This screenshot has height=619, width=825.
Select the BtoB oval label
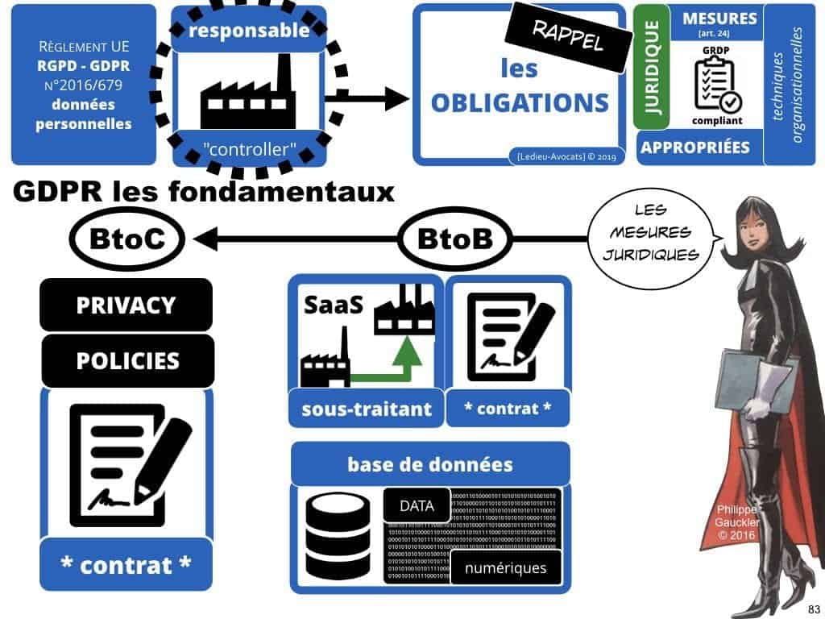pyautogui.click(x=455, y=239)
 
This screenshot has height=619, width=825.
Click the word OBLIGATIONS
pyautogui.click(x=520, y=103)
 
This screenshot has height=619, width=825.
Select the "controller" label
pyautogui.click(x=249, y=149)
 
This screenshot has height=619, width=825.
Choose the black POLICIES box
pyautogui.click(x=127, y=360)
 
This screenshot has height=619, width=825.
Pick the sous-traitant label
pyautogui.click(x=367, y=409)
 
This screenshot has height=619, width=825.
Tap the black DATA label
pyautogui.click(x=417, y=506)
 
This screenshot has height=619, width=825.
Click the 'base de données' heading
pyautogui.click(x=429, y=464)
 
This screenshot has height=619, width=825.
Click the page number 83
pyautogui.click(x=813, y=608)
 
